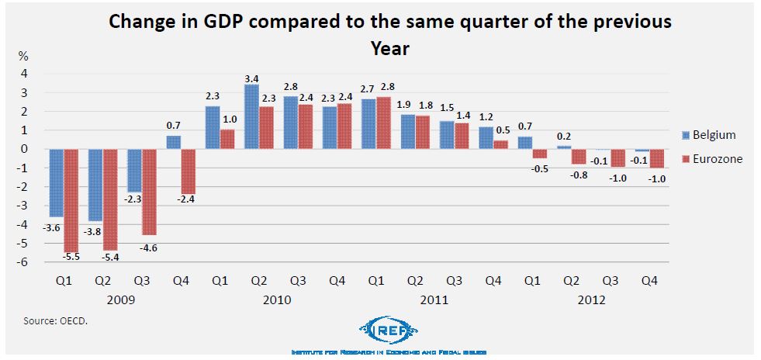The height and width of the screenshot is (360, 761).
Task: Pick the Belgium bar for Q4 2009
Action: click(173, 142)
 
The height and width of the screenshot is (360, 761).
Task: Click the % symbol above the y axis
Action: click(23, 57)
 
